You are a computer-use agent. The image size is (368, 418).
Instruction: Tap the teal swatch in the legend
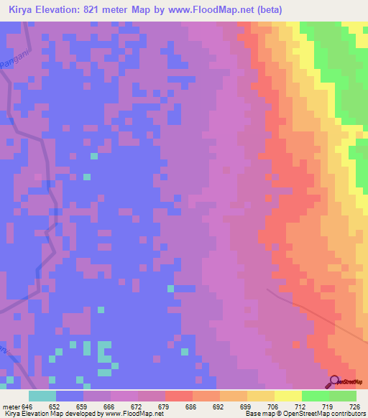coord(42,396)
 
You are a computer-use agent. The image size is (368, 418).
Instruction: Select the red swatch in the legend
coord(178,396)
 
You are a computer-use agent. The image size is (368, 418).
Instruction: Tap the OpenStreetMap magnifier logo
coord(334,381)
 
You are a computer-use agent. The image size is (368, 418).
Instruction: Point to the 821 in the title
coord(97,10)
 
